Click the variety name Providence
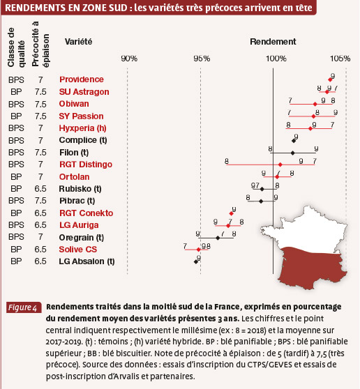coord(82,79)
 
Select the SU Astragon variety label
coord(84,92)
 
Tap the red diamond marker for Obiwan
coord(315,104)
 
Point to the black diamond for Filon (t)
coord(293,153)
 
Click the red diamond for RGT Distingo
coord(280,165)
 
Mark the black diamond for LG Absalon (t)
coord(196,261)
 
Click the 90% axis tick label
coord(129,59)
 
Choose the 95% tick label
coord(202,59)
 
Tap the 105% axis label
coord(340,59)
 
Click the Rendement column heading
coord(273,42)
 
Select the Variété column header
coord(78,42)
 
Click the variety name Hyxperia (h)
coord(83,128)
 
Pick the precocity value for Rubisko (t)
coord(40,189)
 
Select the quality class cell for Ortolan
coord(16,177)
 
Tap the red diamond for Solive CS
coord(198,250)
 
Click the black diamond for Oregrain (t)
coord(218,238)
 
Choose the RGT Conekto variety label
coord(86,213)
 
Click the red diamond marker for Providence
coord(330,79)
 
